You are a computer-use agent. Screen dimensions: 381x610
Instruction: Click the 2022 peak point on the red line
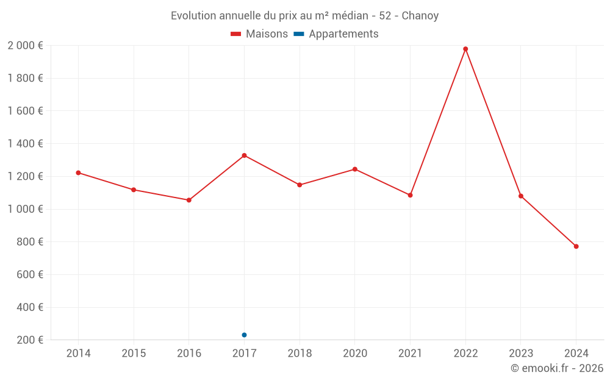[465, 49]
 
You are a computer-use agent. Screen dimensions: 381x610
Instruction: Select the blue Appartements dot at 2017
[244, 335]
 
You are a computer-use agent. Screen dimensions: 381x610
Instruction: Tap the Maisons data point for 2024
[576, 246]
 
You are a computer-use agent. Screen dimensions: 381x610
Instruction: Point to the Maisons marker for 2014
[78, 173]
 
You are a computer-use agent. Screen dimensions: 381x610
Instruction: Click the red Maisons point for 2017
[244, 155]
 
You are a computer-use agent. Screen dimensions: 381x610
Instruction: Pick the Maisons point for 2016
[189, 200]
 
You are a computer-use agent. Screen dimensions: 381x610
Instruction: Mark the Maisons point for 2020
[355, 169]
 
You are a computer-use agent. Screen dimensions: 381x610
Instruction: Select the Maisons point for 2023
[521, 196]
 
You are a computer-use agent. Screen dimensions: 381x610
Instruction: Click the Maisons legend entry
[259, 34]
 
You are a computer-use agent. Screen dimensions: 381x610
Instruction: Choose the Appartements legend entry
[336, 34]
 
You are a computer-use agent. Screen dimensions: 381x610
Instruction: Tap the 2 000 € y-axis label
[25, 46]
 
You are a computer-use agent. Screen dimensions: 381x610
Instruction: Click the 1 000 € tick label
[25, 209]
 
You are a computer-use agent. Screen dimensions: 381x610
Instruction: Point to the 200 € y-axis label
[30, 340]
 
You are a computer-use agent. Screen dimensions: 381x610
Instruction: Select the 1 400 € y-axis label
[25, 144]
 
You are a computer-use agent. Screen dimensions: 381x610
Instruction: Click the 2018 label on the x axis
[300, 353]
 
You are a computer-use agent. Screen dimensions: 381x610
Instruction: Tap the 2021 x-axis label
[410, 353]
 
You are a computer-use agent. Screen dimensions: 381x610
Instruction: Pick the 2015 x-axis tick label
[134, 353]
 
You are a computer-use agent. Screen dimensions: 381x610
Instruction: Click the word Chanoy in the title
[420, 16]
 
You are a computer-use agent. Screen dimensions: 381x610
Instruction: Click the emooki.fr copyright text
[557, 368]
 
